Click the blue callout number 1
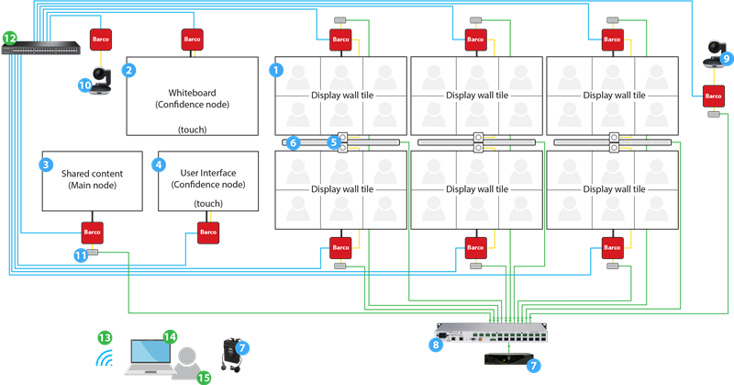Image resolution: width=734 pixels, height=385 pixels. (x=275, y=68)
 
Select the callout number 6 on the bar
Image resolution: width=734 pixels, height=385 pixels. (x=293, y=142)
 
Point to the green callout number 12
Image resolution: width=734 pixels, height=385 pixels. (x=10, y=38)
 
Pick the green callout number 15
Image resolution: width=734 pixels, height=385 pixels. (x=204, y=377)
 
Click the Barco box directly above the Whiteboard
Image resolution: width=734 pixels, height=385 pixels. (x=192, y=40)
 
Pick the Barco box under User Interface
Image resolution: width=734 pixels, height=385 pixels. (x=209, y=233)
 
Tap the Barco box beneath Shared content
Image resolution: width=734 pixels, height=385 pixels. (x=92, y=232)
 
